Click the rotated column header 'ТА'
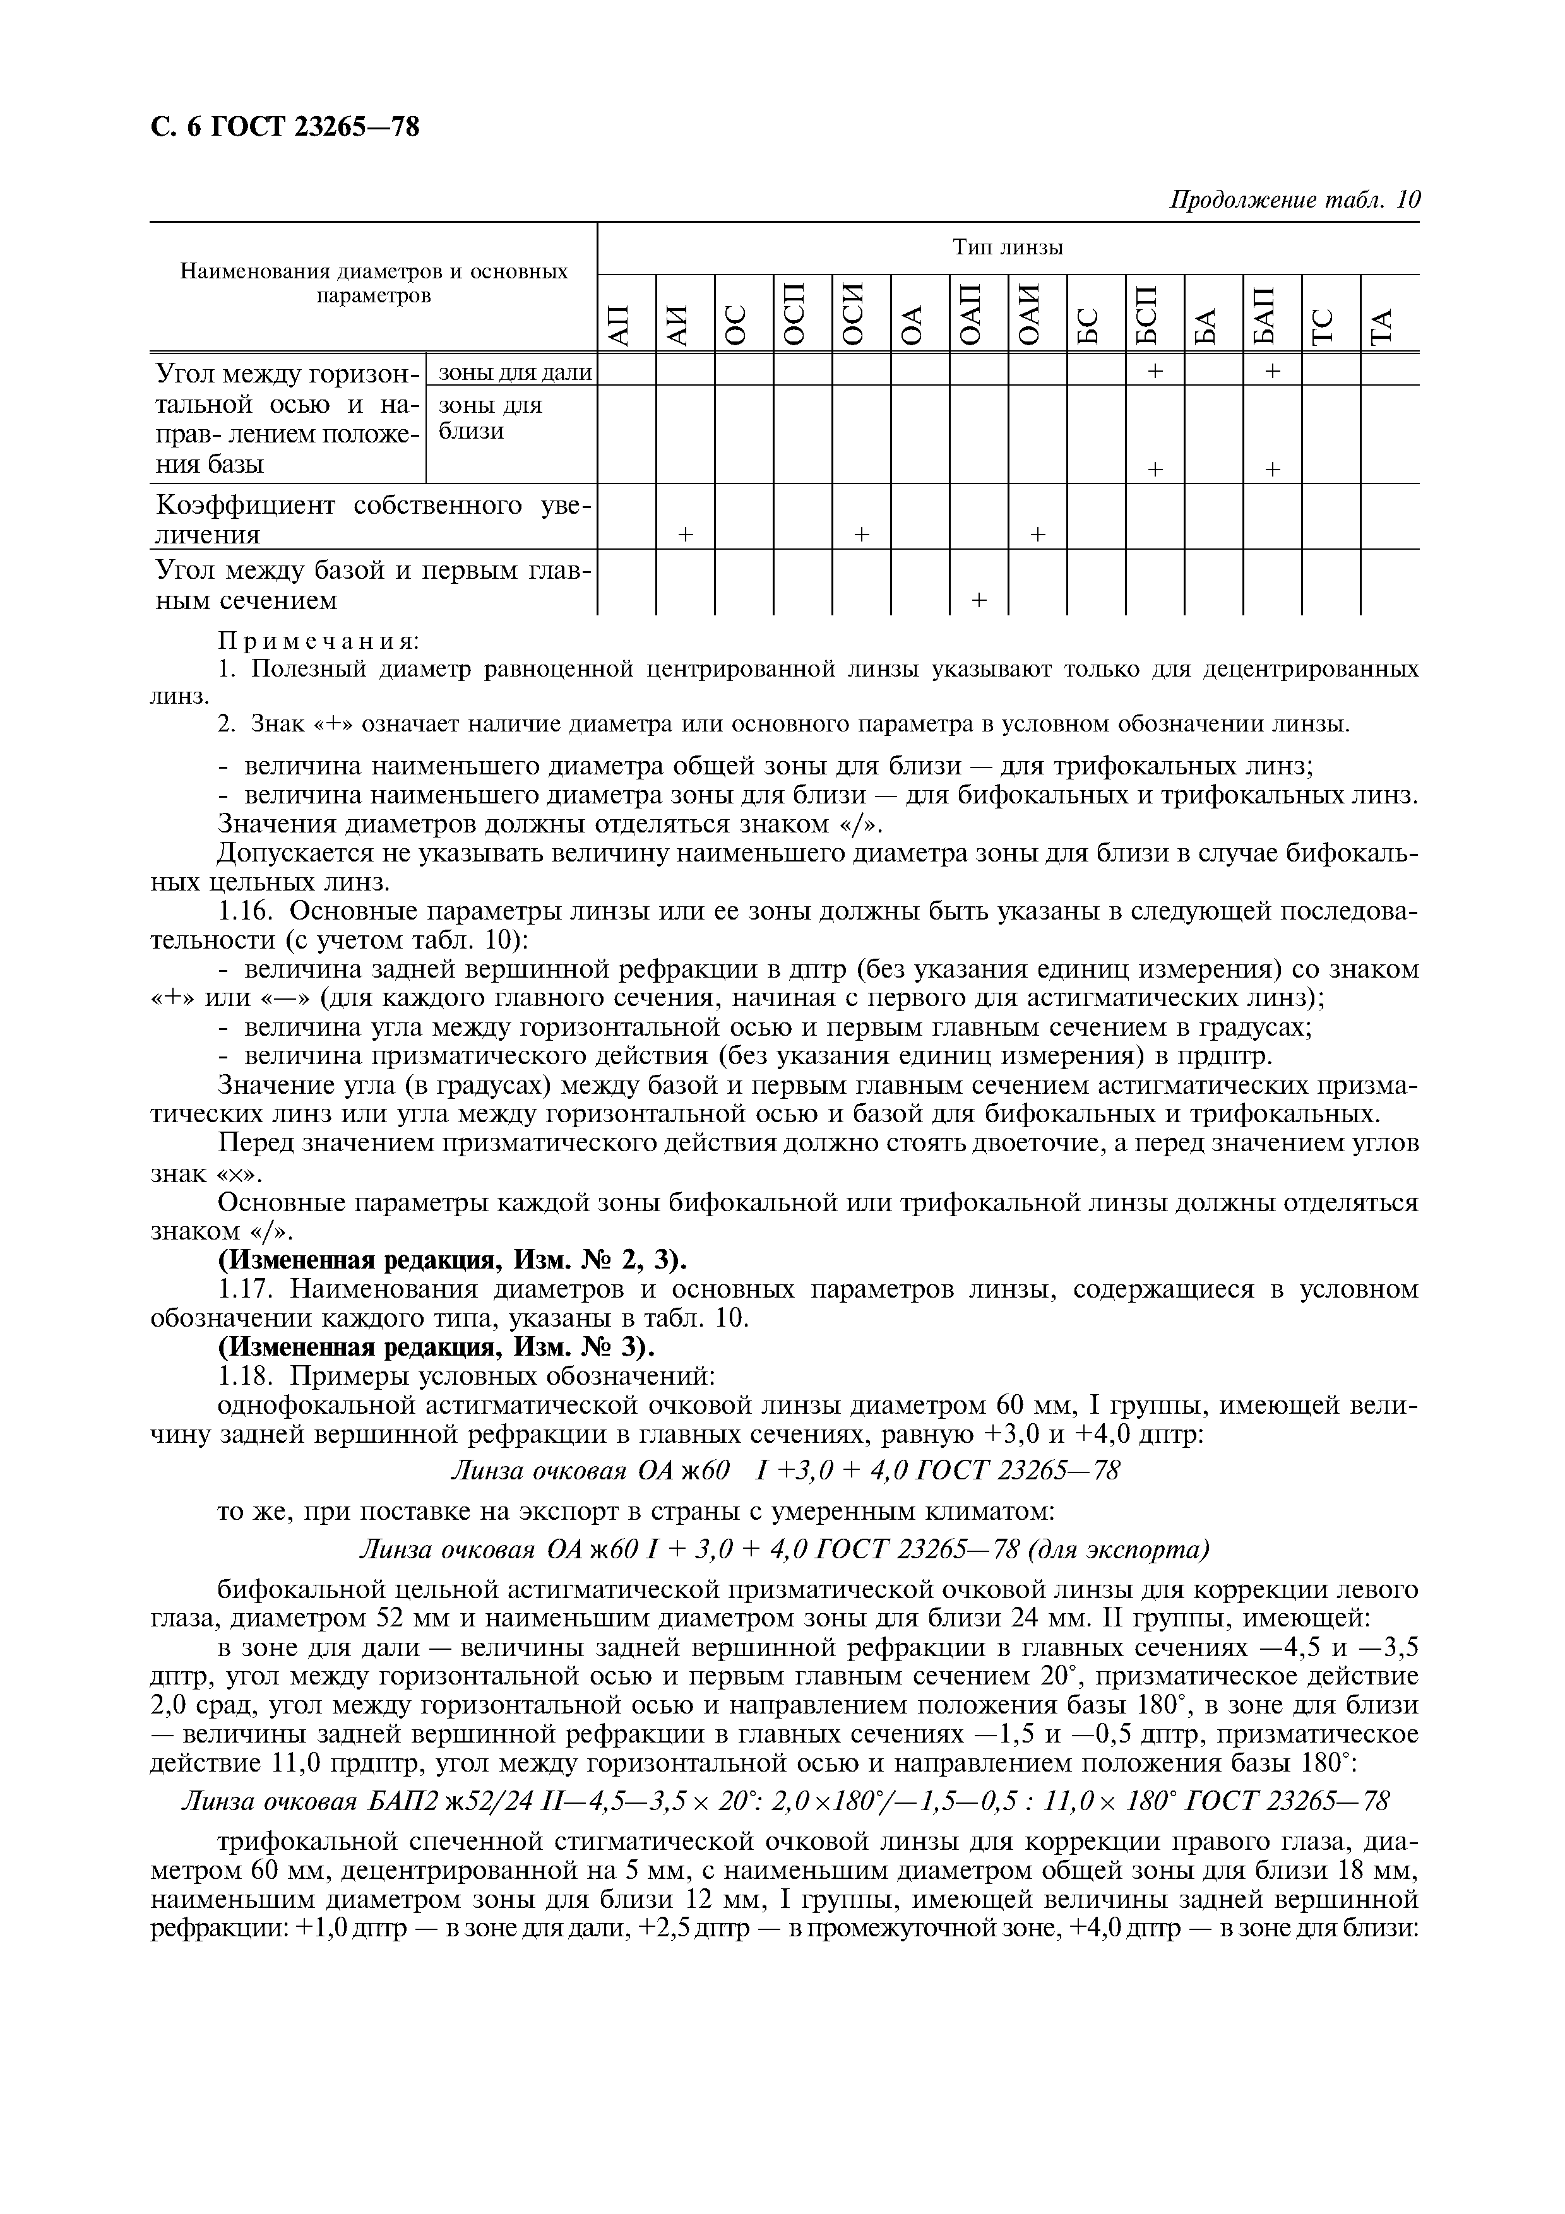tap(1389, 326)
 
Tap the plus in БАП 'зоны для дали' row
tap(1272, 370)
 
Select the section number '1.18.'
tap(249, 1375)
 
